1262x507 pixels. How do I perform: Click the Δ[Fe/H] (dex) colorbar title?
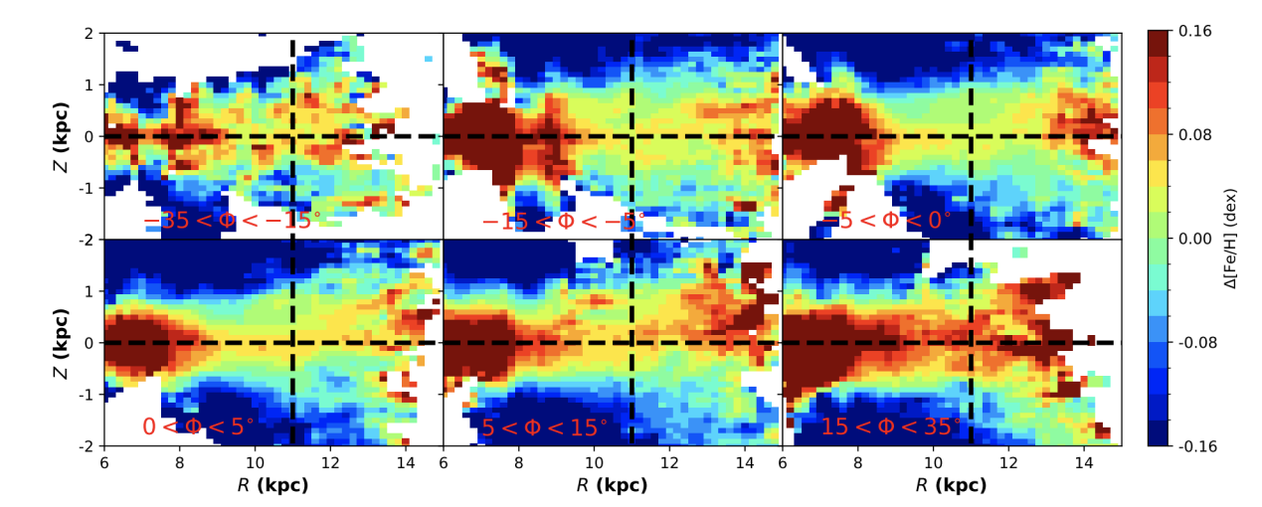[x=1231, y=239]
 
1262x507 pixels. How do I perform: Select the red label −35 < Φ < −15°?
[x=233, y=220]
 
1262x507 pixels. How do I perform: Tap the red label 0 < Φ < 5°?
[x=198, y=427]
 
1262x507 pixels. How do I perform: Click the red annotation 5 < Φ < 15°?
[x=544, y=427]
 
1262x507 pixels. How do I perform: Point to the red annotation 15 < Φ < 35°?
[x=891, y=427]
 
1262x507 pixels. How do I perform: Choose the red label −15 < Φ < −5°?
[x=563, y=220]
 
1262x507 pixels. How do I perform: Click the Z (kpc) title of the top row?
[x=62, y=136]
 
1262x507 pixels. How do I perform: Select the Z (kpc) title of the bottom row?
[x=62, y=343]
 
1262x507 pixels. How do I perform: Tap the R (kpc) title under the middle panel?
[x=612, y=486]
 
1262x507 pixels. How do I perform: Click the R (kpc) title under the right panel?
[x=951, y=486]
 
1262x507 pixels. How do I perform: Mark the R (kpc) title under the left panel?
[x=272, y=486]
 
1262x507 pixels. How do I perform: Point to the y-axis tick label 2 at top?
[x=89, y=33]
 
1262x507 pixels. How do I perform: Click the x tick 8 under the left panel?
[x=179, y=462]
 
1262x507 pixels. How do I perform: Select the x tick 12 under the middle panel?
[x=669, y=462]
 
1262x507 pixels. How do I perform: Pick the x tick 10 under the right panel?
[x=933, y=462]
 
